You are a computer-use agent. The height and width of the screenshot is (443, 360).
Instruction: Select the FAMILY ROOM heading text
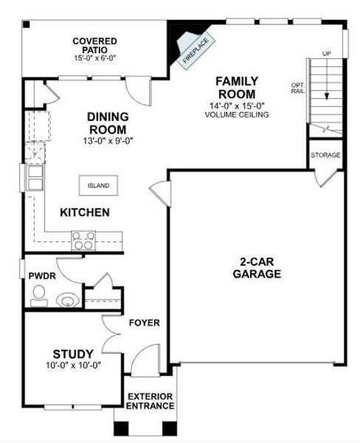236,87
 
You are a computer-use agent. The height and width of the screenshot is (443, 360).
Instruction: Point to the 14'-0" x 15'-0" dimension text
236,106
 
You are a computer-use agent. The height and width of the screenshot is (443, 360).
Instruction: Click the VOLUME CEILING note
236,114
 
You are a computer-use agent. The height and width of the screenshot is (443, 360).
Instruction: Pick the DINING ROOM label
108,123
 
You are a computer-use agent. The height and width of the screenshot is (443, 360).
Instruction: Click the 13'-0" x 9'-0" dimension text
108,140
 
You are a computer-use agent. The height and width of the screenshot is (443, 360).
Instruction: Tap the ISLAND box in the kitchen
98,185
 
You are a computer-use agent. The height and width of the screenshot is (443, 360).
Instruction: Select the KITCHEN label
85,213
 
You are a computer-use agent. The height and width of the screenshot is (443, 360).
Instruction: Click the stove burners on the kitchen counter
83,239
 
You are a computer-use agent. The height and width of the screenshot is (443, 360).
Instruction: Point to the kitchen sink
35,177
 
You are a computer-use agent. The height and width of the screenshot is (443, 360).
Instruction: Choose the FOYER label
145,323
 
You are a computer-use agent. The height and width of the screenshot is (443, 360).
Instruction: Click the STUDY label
73,353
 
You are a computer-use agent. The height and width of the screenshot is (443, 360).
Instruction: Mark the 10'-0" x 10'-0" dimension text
72,365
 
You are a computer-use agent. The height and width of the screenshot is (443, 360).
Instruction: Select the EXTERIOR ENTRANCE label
150,401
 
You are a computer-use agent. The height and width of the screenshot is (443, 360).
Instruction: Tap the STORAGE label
325,155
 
